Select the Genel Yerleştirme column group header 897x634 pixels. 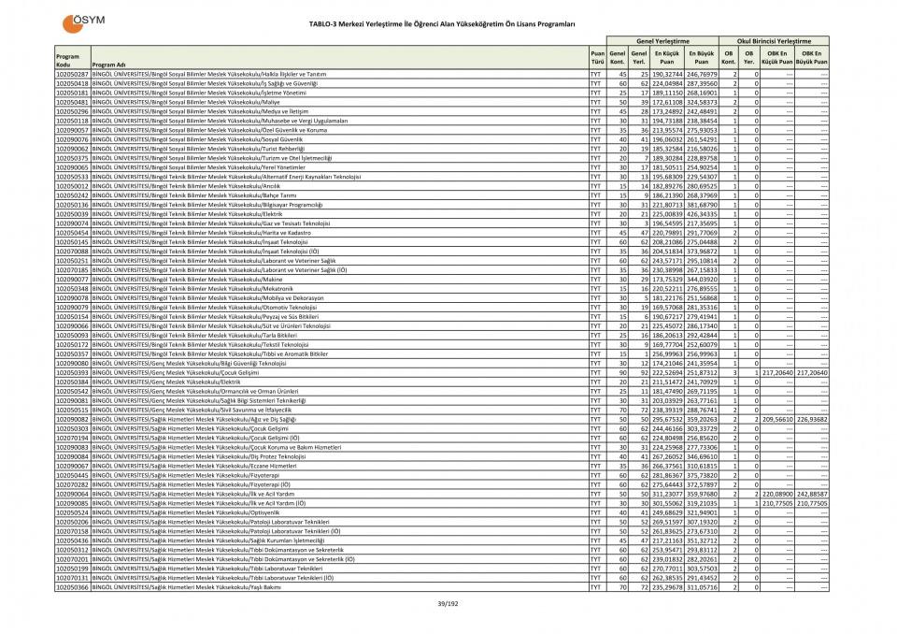(x=662, y=41)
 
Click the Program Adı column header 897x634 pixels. (x=104, y=65)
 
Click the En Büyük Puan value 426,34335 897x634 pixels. (x=702, y=214)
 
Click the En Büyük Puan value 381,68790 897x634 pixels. (x=702, y=205)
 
